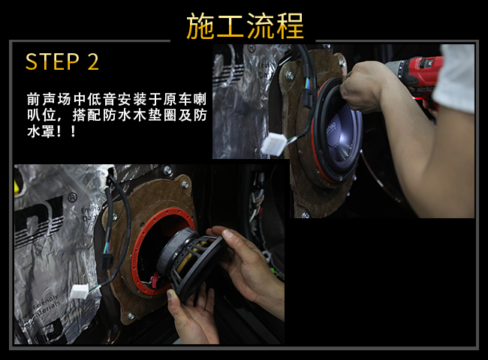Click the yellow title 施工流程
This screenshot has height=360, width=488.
point(245,26)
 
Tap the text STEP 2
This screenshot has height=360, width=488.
point(62,61)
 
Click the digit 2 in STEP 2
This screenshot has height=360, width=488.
point(93,61)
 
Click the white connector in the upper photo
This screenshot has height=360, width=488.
point(274,144)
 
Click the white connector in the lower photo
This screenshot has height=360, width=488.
point(80,291)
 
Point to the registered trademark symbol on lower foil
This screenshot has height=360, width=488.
point(72,198)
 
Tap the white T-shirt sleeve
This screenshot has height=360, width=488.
point(455,78)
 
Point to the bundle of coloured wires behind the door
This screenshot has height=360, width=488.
point(258,199)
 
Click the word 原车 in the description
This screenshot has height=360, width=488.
point(176,100)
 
